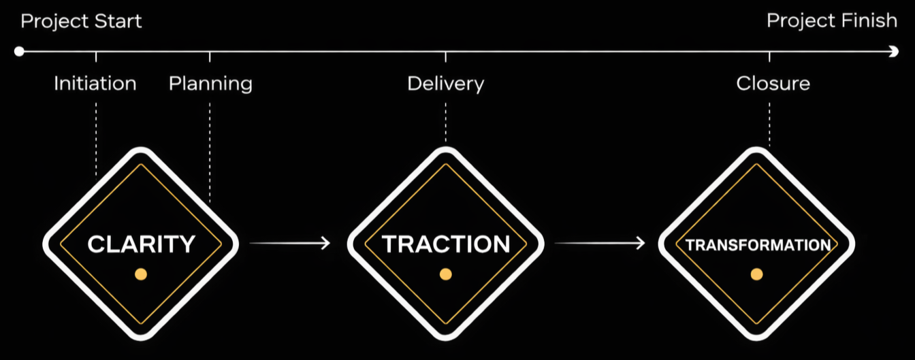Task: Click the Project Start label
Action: [81, 21]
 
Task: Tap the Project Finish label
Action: [831, 21]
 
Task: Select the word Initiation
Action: [95, 84]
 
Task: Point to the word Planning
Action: [210, 84]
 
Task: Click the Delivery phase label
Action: [445, 84]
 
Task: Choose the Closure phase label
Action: [773, 84]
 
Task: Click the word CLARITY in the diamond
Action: [141, 244]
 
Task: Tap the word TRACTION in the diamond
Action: [446, 244]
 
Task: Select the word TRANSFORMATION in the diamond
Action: [757, 245]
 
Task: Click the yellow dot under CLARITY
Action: [141, 274]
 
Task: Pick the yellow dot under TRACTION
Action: [446, 274]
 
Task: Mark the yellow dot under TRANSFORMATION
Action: [756, 274]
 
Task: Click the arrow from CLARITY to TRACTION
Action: [289, 243]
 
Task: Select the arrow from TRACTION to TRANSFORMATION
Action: [599, 243]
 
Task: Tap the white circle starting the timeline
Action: [19, 51]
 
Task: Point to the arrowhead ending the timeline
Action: [894, 51]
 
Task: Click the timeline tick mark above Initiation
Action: [96, 56]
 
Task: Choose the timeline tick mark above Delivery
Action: [446, 56]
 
